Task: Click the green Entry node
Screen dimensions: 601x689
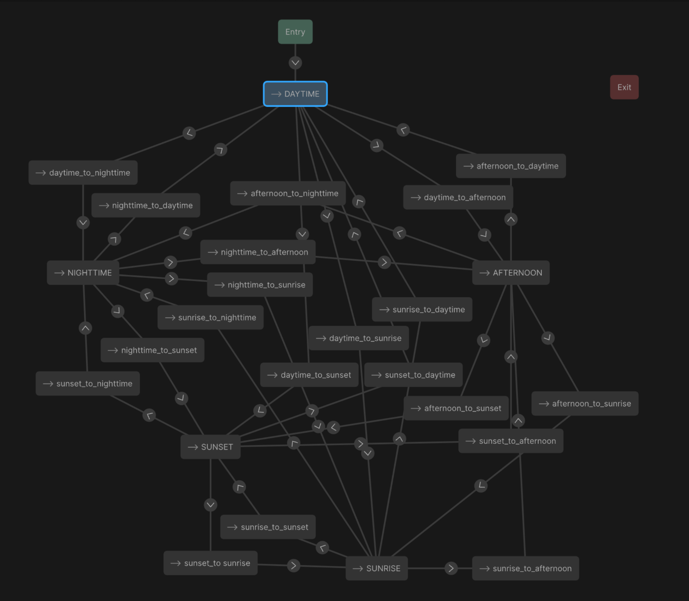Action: (x=295, y=32)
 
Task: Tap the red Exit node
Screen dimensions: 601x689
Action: (x=624, y=87)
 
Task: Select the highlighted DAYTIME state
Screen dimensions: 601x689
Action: (x=295, y=94)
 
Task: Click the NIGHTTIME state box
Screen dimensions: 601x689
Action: (x=83, y=272)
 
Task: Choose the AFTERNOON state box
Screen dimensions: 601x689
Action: (x=511, y=272)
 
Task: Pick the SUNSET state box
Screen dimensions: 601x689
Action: (x=211, y=447)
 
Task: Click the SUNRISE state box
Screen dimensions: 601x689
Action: (x=377, y=568)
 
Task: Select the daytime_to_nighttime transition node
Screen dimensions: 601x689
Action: (x=83, y=173)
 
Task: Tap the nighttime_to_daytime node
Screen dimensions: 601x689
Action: (x=146, y=205)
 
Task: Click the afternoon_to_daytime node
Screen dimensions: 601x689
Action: (x=511, y=166)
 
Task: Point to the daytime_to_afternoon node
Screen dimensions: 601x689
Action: (x=458, y=197)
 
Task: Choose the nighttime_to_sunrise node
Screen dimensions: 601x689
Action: (x=260, y=285)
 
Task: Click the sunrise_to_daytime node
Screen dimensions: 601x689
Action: (x=422, y=309)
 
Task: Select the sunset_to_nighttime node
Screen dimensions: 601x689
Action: (x=88, y=384)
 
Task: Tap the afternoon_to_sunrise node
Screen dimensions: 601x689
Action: (x=585, y=404)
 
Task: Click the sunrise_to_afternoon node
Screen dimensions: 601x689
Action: (x=525, y=568)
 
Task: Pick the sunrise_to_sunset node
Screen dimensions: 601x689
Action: (x=268, y=527)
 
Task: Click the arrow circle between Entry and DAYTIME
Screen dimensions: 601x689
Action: (x=295, y=63)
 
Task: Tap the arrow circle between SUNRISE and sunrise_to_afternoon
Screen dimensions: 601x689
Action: (x=451, y=568)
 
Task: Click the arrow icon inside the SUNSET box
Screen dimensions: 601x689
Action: (x=193, y=447)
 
